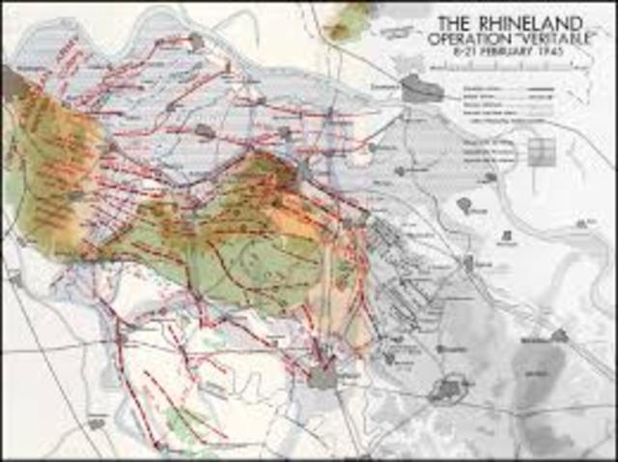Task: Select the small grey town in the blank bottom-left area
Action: (97, 423)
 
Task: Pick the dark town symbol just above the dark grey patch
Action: (558, 335)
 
